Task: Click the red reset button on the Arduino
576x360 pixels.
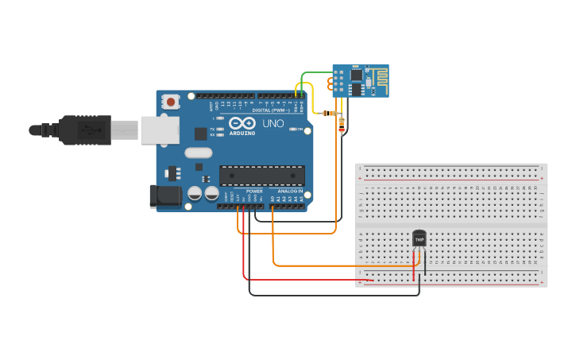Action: tap(169, 101)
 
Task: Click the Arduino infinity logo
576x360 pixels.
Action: tap(242, 123)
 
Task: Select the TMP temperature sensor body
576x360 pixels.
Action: tap(419, 238)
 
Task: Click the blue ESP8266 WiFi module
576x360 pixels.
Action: tap(359, 81)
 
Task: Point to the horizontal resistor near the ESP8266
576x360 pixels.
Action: tap(330, 113)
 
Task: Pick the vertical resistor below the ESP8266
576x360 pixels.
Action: tap(342, 124)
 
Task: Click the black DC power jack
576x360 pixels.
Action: tap(163, 196)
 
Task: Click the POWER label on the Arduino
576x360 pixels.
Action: tap(254, 192)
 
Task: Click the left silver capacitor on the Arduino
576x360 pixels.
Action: tap(195, 193)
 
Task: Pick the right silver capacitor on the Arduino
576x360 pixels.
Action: tap(211, 193)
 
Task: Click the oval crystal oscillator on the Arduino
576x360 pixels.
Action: tap(199, 153)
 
